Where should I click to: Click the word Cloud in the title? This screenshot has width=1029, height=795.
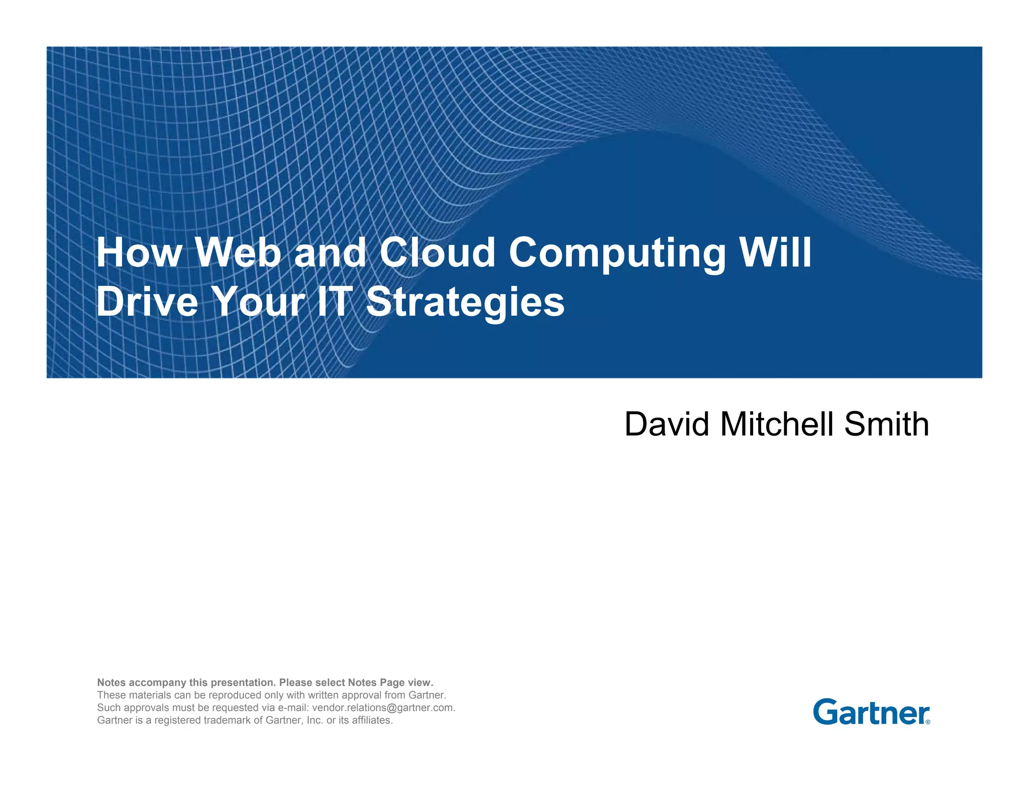[437, 252]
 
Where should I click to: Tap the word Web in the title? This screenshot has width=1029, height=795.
[238, 252]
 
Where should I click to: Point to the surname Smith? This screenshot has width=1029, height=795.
[886, 424]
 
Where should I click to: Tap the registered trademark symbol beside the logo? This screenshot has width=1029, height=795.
[928, 722]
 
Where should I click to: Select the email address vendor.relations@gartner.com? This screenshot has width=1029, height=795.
[383, 708]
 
